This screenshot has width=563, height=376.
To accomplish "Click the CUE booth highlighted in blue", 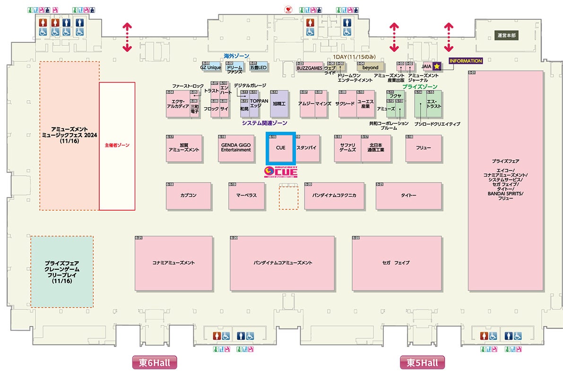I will coord(281,148).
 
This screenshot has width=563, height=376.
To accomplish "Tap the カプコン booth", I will coord(188,196).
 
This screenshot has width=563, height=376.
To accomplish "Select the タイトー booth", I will coord(408,196).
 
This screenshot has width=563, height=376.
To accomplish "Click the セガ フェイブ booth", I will coord(396,263).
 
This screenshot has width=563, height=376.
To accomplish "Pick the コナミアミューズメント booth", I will coord(173,263).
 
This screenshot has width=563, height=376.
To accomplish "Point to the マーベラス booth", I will coord(246,196).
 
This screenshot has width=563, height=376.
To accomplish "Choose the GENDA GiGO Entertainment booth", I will coord(236,148).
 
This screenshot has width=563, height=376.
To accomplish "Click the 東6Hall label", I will coord(155,363).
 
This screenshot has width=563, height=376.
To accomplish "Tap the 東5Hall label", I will coord(423,363).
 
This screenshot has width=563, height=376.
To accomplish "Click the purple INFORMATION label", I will coord(466,61).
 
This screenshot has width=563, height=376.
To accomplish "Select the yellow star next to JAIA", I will coord(437,67).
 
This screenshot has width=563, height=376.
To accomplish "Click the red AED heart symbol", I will coord(287,9).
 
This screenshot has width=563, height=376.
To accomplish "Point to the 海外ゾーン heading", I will coord(236,56).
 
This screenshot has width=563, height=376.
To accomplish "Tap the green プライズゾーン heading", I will coord(419,87).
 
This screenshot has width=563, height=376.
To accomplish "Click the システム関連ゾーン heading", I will coord(264,123).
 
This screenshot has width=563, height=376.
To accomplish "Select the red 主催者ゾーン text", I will coord(117,146).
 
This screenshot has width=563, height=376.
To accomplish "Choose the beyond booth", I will coord(370,68).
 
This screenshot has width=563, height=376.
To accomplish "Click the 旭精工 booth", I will coord(279,103).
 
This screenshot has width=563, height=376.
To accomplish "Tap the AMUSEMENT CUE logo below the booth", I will coord(281,171).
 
